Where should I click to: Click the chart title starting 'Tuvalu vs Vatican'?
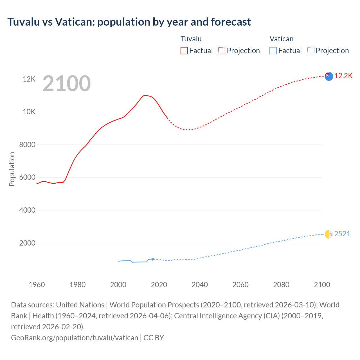point(129,22)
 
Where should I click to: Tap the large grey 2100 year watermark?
point(67,84)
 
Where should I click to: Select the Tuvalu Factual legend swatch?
point(184,51)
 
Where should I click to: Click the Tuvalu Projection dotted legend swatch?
point(222,51)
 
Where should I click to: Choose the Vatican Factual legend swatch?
point(273,51)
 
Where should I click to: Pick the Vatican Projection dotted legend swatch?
point(310,51)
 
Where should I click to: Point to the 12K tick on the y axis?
point(29,79)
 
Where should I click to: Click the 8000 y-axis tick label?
point(27,145)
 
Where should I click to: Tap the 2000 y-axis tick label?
point(27,243)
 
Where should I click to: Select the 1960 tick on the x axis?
point(37,285)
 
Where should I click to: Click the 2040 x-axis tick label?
point(200,285)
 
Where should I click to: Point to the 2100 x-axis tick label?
point(322,285)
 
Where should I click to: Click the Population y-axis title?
point(12,169)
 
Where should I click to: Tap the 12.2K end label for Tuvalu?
point(343,76)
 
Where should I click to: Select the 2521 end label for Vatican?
point(342,234)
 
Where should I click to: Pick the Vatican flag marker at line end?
point(329,234)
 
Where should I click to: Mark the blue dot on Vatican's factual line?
point(153,259)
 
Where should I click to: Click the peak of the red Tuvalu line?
point(144,95)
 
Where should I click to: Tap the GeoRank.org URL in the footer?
point(75,337)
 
